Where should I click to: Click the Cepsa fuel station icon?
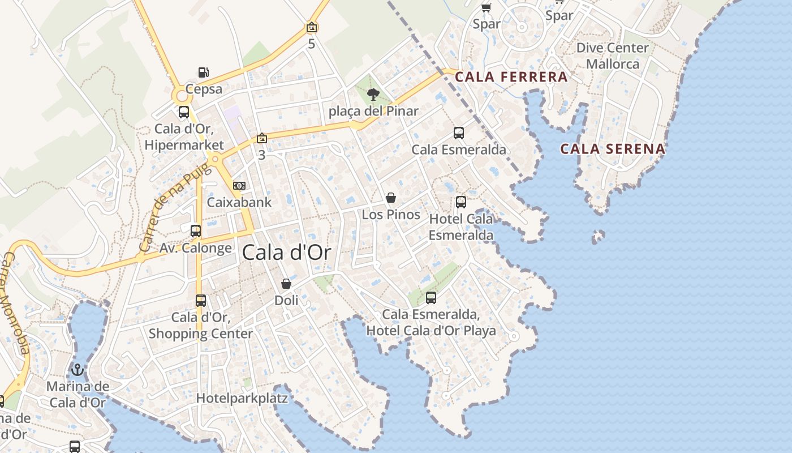204,72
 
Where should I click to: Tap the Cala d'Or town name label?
286,253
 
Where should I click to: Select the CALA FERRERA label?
511,77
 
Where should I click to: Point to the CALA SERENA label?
613,149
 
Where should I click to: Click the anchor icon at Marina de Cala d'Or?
78,370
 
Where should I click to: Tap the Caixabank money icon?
239,186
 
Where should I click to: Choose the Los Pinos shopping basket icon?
391,198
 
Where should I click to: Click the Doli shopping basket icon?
286,284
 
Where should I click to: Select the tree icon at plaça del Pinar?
373,95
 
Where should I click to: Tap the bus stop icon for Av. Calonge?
196,231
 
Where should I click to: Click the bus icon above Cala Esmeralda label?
459,133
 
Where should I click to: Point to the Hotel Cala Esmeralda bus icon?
461,202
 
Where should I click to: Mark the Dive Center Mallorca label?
612,55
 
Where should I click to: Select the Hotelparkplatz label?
242,398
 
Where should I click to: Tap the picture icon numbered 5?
311,27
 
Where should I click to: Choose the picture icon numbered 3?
261,138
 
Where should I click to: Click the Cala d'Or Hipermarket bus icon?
184,112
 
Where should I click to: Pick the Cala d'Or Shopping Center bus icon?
201,301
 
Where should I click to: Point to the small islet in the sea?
598,236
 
